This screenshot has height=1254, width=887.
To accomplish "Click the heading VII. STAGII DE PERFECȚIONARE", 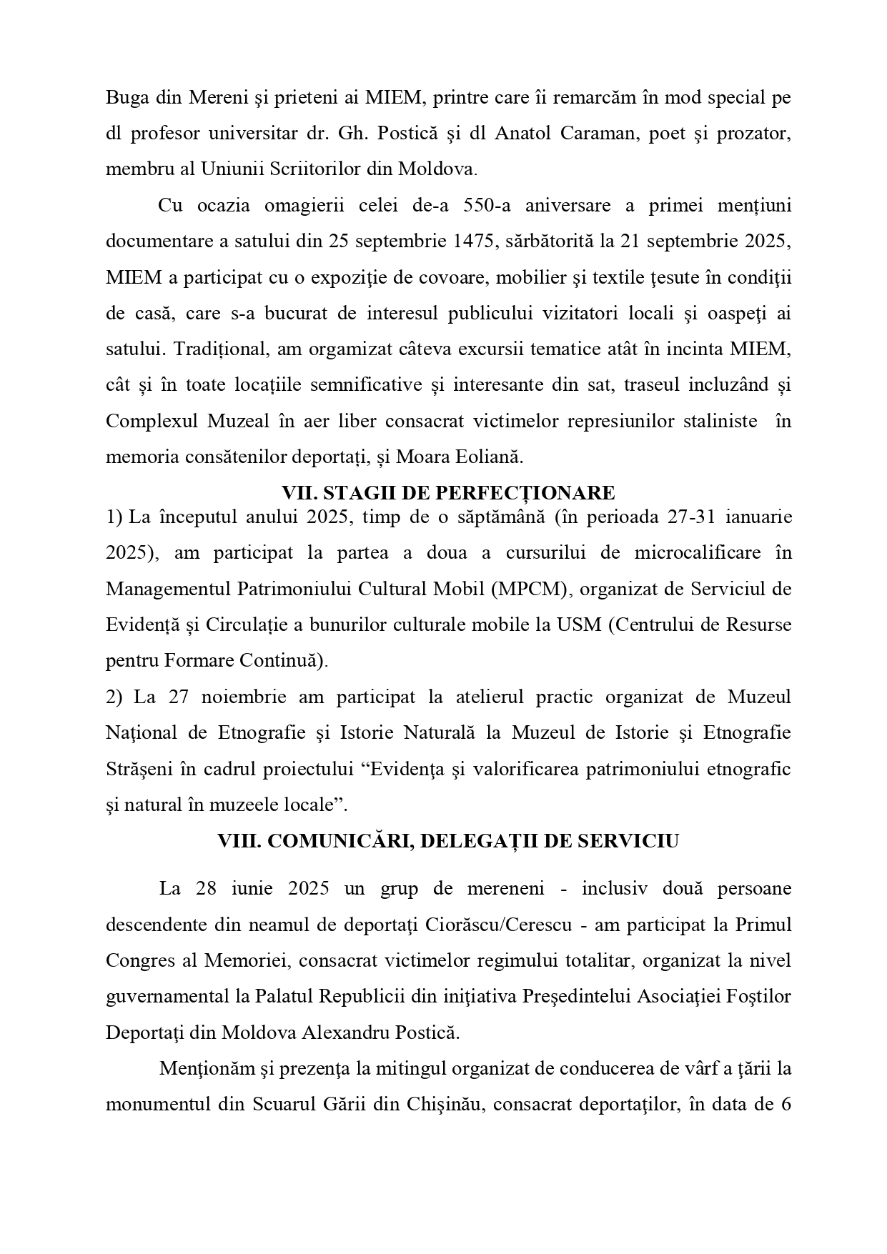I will tap(448, 493).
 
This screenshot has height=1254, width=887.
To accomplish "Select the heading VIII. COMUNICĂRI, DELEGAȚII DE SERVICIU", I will tap(448, 841).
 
